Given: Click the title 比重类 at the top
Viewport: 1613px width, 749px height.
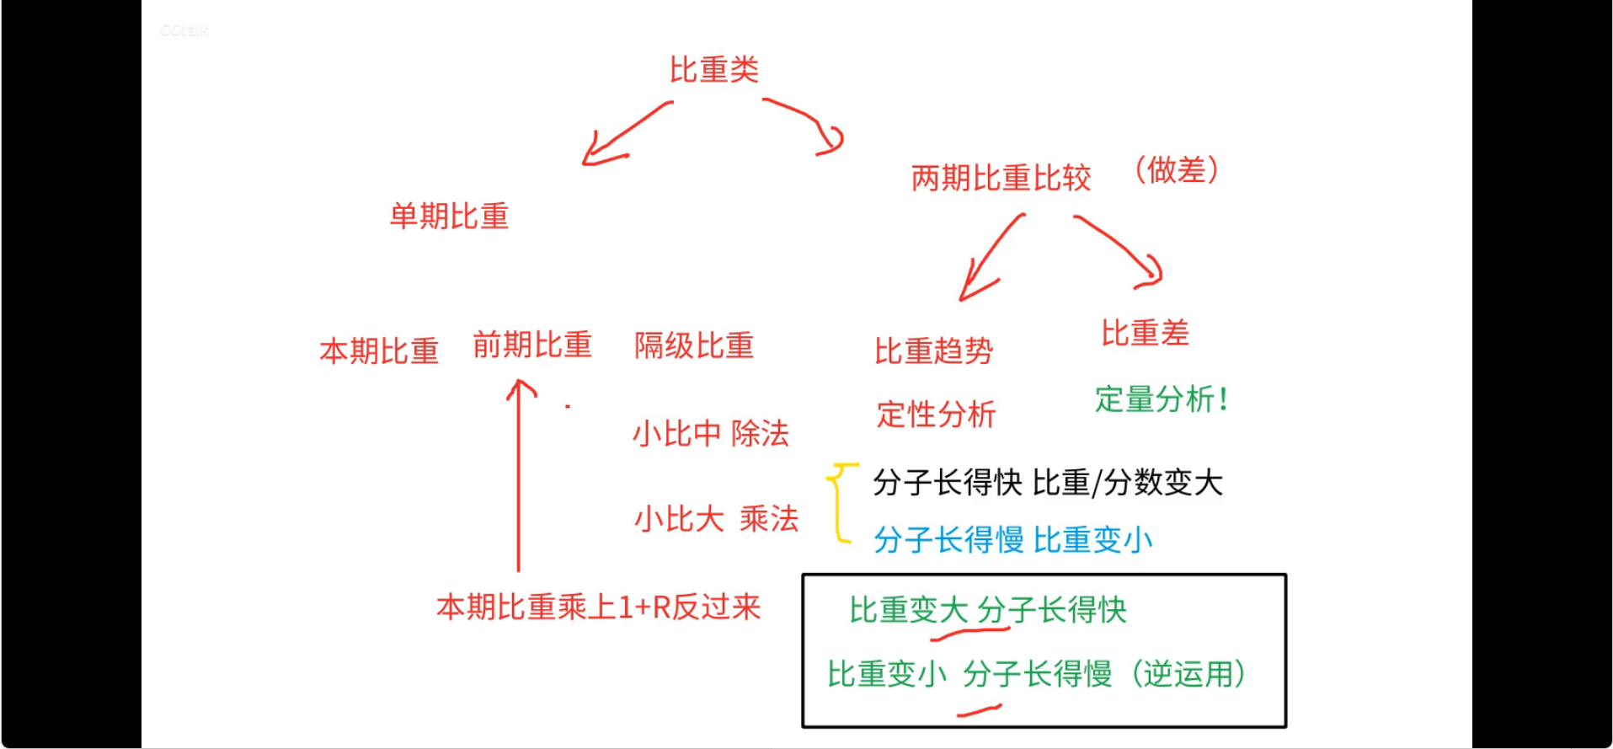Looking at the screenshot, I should pyautogui.click(x=713, y=69).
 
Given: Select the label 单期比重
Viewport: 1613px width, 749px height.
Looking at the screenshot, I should pyautogui.click(x=449, y=217).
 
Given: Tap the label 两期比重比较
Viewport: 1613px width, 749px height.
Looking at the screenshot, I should pyautogui.click(x=1001, y=178).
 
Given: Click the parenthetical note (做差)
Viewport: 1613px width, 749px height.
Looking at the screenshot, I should pyautogui.click(x=1176, y=170).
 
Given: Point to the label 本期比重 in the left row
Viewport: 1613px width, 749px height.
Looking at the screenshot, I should pyautogui.click(x=379, y=350).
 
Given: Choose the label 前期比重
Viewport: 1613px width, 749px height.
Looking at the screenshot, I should pyautogui.click(x=532, y=345).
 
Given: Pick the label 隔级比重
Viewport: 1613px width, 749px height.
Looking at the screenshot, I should pyautogui.click(x=693, y=345).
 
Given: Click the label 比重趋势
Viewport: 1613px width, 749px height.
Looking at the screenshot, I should pyautogui.click(x=933, y=350).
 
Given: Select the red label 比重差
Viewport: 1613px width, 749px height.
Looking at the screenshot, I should pyautogui.click(x=1145, y=333).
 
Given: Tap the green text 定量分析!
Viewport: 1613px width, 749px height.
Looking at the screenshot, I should pyautogui.click(x=1161, y=399).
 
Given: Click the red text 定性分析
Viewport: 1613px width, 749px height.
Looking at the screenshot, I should pyautogui.click(x=936, y=415).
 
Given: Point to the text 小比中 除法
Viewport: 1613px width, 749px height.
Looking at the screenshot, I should pyautogui.click(x=710, y=433).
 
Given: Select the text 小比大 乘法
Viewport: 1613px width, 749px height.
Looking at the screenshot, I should pyautogui.click(x=716, y=518).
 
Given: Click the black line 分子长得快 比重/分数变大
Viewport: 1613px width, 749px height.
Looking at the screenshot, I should pyautogui.click(x=1047, y=483).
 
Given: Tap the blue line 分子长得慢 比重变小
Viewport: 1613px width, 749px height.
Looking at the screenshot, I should pyautogui.click(x=1012, y=539).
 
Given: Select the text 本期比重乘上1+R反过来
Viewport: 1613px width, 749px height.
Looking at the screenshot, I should pyautogui.click(x=598, y=607).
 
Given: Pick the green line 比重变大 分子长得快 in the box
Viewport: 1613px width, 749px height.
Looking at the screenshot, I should pyautogui.click(x=987, y=610).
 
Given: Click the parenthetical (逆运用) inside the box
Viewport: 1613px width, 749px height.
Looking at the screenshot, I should pyautogui.click(x=1188, y=674).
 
